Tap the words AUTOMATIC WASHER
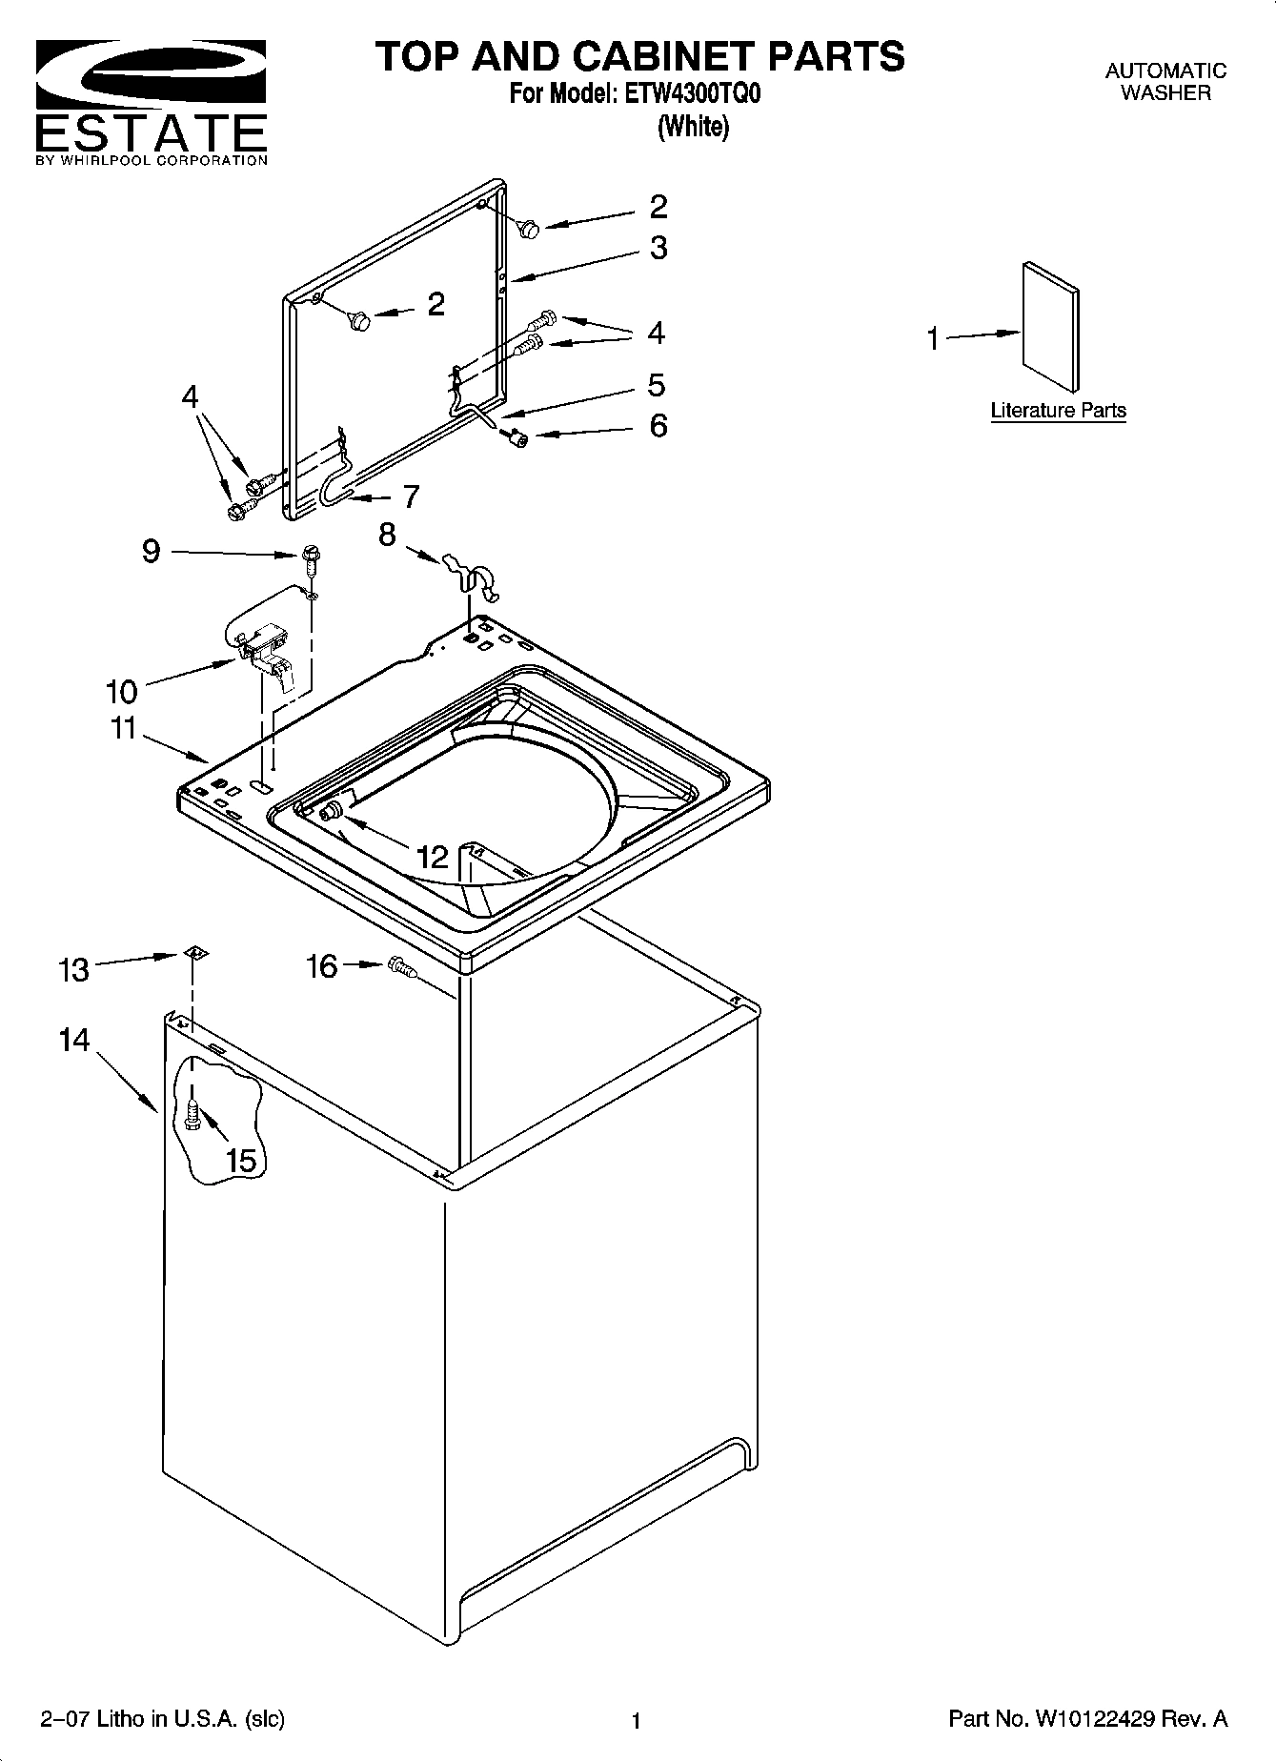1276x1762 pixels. coord(1165,82)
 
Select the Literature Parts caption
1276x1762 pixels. coord(1058,411)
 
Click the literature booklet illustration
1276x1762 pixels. coord(1051,326)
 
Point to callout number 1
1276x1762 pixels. coord(934,338)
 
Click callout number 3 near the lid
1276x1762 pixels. coord(658,248)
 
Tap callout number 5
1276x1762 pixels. coord(656,385)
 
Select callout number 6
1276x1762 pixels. coord(658,425)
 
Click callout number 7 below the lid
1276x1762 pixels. coord(411,496)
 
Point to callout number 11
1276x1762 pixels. coord(123,728)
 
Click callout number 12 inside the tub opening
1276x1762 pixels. coord(432,857)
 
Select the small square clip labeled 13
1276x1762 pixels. coord(194,952)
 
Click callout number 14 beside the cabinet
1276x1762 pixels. coord(74,1040)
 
